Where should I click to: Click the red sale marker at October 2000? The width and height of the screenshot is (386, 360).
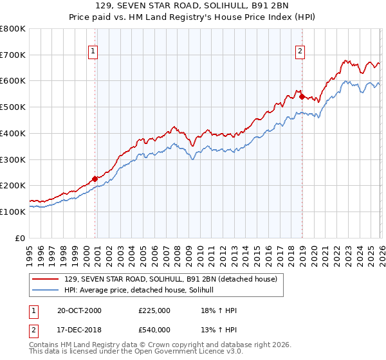point(95,179)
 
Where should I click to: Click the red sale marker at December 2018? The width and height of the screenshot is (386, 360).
point(302,97)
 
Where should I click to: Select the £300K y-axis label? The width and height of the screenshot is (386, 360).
point(13,159)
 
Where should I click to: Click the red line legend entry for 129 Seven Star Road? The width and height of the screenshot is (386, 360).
point(170,279)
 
